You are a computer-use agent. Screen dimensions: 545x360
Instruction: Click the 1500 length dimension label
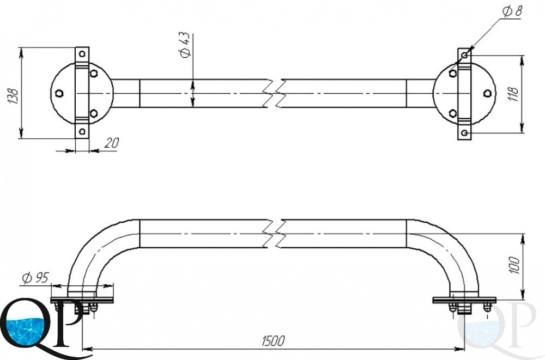pyautogui.click(x=273, y=341)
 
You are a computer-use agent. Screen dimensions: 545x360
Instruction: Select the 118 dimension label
pyautogui.click(x=513, y=94)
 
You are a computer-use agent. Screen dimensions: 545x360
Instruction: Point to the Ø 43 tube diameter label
pyautogui.click(x=184, y=45)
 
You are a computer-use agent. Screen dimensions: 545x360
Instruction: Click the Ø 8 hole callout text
pyautogui.click(x=512, y=11)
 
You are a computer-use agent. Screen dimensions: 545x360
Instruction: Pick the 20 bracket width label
pyautogui.click(x=111, y=143)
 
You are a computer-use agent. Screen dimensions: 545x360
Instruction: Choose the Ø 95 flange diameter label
pyautogui.click(x=35, y=278)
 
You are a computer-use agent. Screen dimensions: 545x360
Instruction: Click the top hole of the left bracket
pyautogui.click(x=82, y=54)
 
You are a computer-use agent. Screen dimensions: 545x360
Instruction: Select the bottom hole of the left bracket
pyautogui.click(x=82, y=131)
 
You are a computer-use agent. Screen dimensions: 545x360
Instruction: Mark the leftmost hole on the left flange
pyautogui.click(x=59, y=93)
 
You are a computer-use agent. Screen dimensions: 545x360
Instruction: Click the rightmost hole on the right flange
pyautogui.click(x=487, y=93)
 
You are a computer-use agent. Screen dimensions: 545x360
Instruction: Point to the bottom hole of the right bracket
pyautogui.click(x=464, y=133)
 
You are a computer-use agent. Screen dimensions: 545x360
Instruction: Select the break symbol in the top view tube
pyautogui.click(x=275, y=93)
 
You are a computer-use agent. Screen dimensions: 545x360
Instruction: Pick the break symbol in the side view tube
pyautogui.click(x=275, y=234)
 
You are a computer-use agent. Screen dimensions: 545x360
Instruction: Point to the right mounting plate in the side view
pyautogui.click(x=464, y=300)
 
